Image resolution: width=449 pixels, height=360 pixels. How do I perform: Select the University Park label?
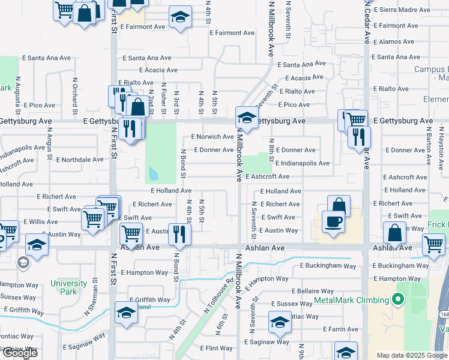click(x=64, y=287)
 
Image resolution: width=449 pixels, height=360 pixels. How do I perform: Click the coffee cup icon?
click(x=333, y=221)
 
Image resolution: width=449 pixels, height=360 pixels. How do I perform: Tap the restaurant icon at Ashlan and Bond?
click(x=179, y=233)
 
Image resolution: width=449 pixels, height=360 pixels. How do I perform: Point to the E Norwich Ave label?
click(x=212, y=137)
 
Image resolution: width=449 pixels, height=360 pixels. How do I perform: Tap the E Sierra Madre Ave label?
click(x=402, y=10)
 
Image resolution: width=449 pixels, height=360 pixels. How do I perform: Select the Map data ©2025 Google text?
click(x=412, y=355)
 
